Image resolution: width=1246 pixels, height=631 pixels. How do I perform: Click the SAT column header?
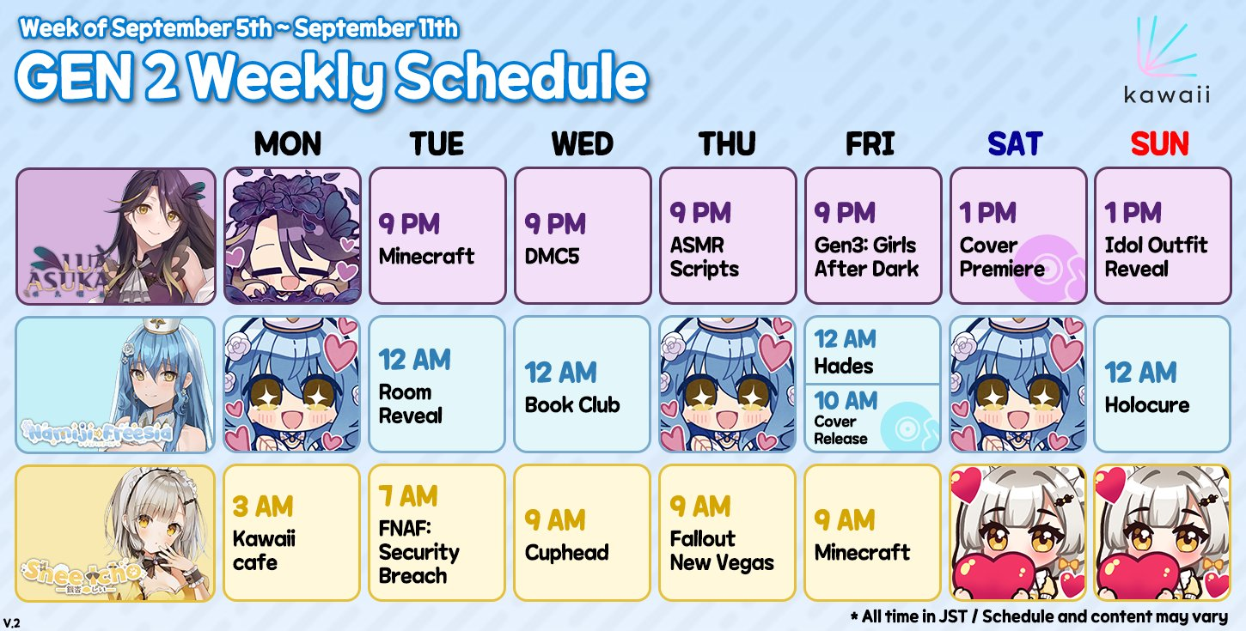[x=1015, y=144]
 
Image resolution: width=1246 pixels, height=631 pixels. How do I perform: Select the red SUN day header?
[x=1160, y=144]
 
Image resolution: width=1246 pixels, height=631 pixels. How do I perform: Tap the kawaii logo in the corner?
[x=1166, y=60]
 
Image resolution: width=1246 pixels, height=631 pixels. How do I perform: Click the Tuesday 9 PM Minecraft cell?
[x=437, y=236]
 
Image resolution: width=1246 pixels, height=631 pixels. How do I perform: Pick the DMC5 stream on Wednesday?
[x=583, y=236]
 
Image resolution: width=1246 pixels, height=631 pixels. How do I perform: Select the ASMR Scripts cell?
[x=728, y=236]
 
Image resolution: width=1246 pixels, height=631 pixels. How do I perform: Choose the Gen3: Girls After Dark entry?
[x=873, y=236]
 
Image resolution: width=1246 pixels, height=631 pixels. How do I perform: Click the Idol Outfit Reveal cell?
[x=1164, y=236]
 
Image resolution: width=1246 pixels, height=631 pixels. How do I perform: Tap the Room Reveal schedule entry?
[x=437, y=384]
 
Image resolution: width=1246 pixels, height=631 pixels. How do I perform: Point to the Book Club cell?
[x=583, y=384]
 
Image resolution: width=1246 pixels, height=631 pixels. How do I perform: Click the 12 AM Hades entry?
[x=873, y=350]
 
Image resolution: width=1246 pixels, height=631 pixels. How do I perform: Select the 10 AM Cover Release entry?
[x=873, y=418]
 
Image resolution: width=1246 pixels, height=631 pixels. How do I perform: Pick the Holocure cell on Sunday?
[x=1163, y=384]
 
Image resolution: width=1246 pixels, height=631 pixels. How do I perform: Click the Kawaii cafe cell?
[x=291, y=533]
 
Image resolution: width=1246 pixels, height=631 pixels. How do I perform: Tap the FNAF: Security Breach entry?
[x=437, y=533]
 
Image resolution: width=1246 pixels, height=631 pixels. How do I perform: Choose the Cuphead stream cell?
[x=583, y=533]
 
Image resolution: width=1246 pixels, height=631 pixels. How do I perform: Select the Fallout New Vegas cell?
[x=728, y=533]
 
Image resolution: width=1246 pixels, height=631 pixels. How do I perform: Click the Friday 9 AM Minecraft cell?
[x=873, y=533]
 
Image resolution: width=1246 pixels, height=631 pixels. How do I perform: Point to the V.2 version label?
[x=11, y=622]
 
